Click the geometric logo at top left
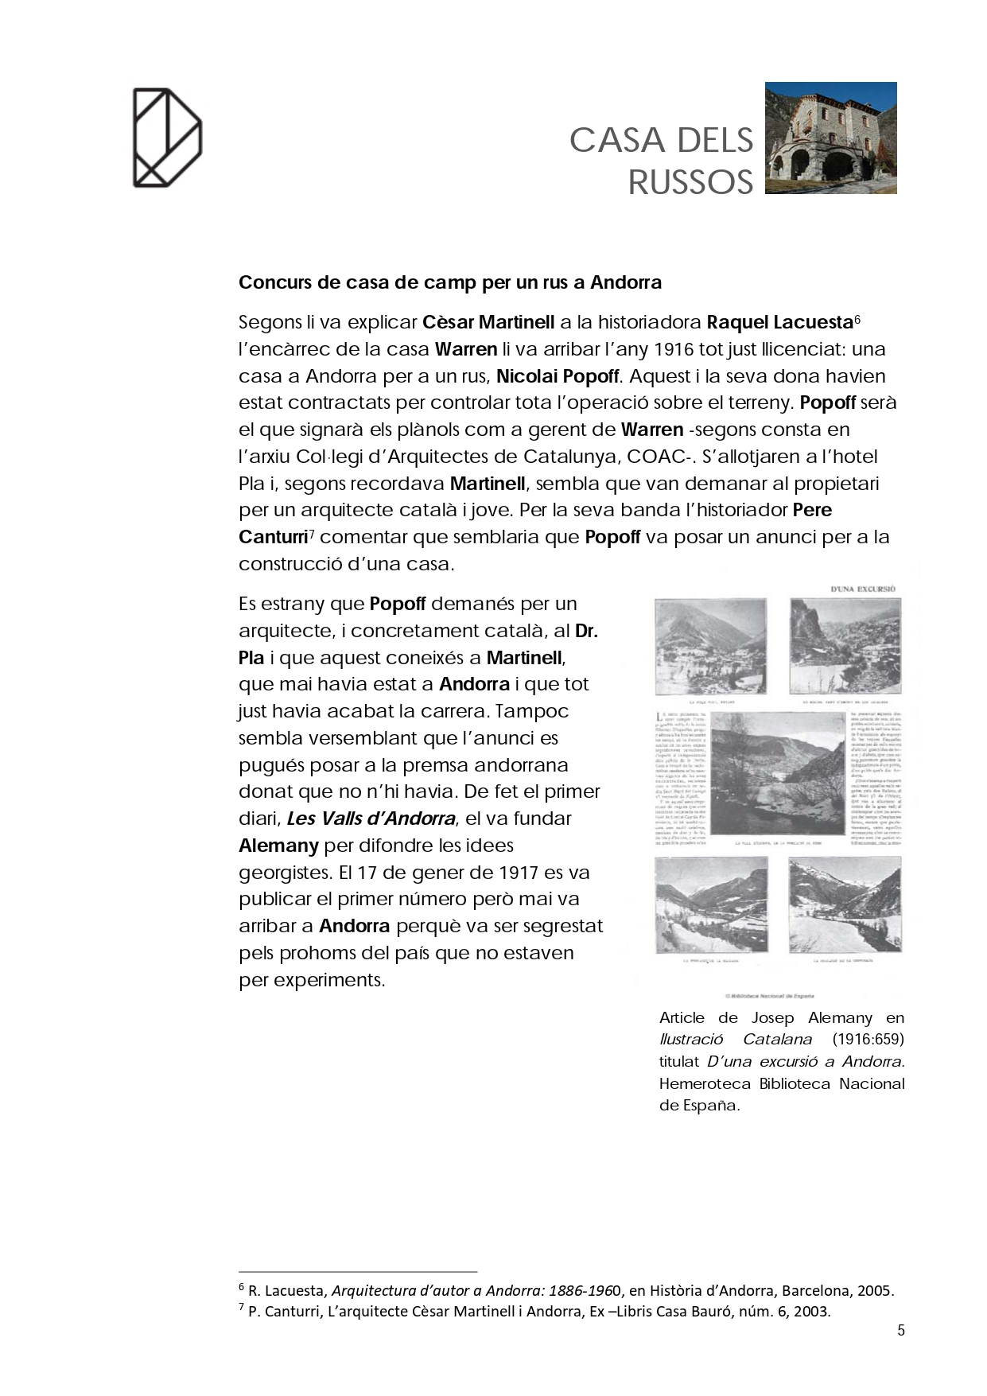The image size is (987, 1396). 167,138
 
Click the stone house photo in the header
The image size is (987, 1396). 830,138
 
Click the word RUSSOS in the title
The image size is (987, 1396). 690,183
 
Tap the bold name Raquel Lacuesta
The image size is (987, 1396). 779,323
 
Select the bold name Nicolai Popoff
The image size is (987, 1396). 558,376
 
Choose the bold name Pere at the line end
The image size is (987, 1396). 812,511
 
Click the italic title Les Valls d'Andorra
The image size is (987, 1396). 371,819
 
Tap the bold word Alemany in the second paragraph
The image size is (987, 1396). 278,846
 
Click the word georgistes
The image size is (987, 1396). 283,873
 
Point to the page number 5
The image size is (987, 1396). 901,1331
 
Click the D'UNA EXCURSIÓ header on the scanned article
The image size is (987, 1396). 863,589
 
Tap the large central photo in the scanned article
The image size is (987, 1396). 777,772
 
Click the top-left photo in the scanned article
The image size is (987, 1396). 710,647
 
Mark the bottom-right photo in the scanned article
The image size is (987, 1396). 845,904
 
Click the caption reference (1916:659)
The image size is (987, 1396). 868,1040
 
